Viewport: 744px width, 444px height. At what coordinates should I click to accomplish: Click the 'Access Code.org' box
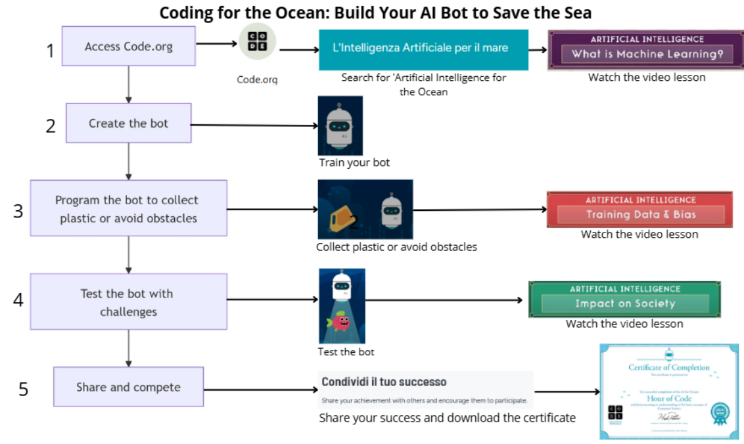pos(129,46)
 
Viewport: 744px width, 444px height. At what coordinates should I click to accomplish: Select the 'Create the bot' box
pos(129,123)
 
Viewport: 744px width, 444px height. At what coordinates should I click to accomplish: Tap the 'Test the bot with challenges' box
pos(129,302)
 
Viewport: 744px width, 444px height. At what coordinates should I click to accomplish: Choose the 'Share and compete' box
pos(129,387)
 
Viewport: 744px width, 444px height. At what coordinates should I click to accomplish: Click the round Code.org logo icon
pos(257,43)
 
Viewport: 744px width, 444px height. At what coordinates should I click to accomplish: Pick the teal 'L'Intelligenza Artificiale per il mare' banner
pos(423,49)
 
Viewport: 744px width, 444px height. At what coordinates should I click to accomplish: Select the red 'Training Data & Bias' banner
pos(639,210)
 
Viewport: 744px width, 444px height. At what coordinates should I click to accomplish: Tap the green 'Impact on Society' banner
pos(624,300)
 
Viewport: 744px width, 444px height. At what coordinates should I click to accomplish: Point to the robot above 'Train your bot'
pos(340,125)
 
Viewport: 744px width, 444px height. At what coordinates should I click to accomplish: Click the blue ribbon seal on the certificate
pos(720,412)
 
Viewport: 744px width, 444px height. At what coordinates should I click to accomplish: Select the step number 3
pos(18,211)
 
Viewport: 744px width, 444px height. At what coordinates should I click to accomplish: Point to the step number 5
pos(24,389)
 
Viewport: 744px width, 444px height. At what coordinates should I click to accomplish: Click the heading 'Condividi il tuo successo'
pos(384,382)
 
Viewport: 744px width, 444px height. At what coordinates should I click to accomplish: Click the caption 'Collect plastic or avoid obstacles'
pos(396,247)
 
